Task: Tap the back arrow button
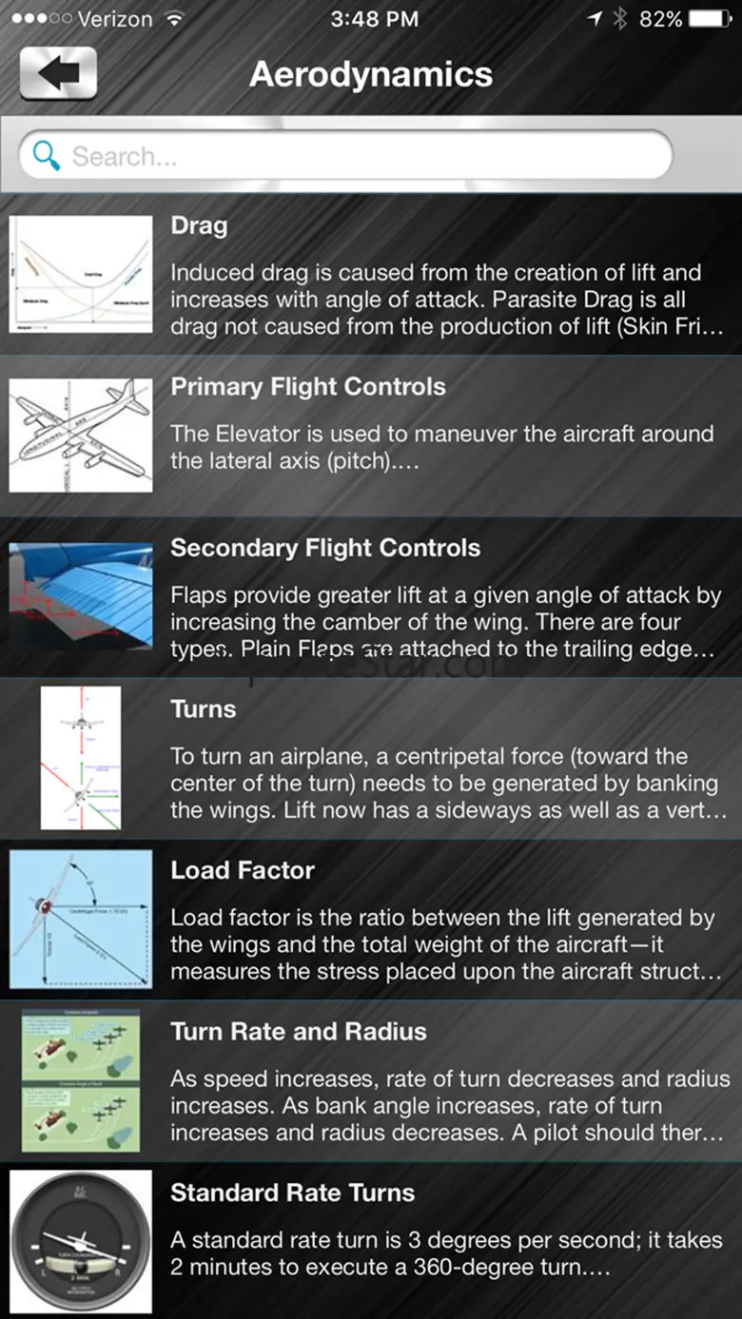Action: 58,73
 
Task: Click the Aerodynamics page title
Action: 371,74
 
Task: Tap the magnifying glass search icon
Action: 46,155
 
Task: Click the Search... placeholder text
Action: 125,157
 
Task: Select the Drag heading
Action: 199,225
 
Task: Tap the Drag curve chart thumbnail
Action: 81,274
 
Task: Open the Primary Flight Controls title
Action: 308,387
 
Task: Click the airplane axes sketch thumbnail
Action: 81,436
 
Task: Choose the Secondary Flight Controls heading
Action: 325,548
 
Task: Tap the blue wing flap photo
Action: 81,595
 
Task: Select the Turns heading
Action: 204,709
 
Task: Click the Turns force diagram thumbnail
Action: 81,758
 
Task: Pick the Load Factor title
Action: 243,870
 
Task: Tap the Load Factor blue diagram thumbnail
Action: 81,919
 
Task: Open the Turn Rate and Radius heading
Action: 299,1032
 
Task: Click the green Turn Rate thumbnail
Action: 81,1080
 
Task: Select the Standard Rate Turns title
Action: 293,1193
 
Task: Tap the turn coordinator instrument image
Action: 81,1242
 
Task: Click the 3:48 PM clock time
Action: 374,19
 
